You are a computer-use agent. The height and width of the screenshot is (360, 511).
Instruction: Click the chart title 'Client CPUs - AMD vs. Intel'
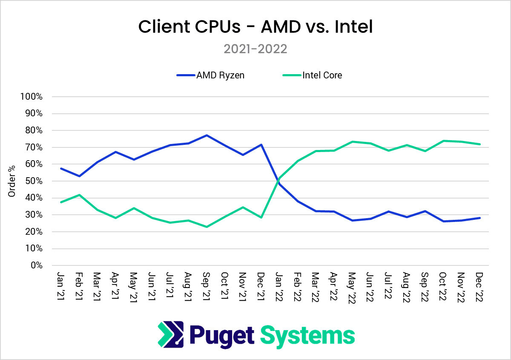click(255, 27)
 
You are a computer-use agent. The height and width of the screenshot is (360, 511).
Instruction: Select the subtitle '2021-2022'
click(255, 49)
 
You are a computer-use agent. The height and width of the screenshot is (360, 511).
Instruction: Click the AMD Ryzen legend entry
click(211, 75)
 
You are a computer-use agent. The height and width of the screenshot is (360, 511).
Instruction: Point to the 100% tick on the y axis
click(31, 97)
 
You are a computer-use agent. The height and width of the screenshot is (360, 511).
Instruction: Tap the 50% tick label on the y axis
click(33, 181)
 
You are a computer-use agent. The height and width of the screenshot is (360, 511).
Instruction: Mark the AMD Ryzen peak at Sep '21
click(207, 135)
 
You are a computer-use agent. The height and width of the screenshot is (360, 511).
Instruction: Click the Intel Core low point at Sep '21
click(207, 227)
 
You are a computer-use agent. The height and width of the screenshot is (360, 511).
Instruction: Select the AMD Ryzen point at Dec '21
click(261, 144)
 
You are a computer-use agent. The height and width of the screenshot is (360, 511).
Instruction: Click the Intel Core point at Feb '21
click(79, 195)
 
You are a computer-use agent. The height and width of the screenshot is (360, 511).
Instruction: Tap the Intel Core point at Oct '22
click(443, 141)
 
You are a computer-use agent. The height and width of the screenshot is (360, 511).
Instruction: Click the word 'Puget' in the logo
click(221, 336)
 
